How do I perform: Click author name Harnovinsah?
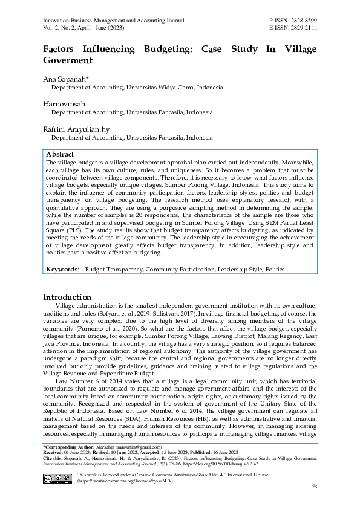(x=64, y=104)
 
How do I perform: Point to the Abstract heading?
(x=60, y=155)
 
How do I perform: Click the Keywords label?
(x=62, y=268)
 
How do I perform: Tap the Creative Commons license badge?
(x=56, y=478)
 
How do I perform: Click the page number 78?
(x=314, y=487)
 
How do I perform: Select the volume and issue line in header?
(x=83, y=28)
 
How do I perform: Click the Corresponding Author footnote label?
(x=67, y=447)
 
